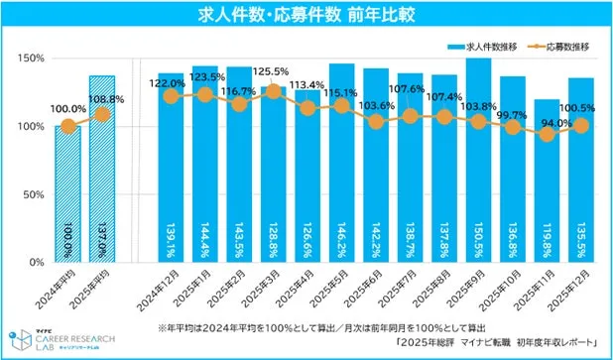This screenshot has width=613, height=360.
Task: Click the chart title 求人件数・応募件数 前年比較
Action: [306, 14]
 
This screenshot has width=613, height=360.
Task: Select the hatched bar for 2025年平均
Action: [101, 169]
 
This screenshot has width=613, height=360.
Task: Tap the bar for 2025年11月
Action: [548, 188]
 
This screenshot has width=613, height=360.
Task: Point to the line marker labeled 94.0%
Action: [548, 134]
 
